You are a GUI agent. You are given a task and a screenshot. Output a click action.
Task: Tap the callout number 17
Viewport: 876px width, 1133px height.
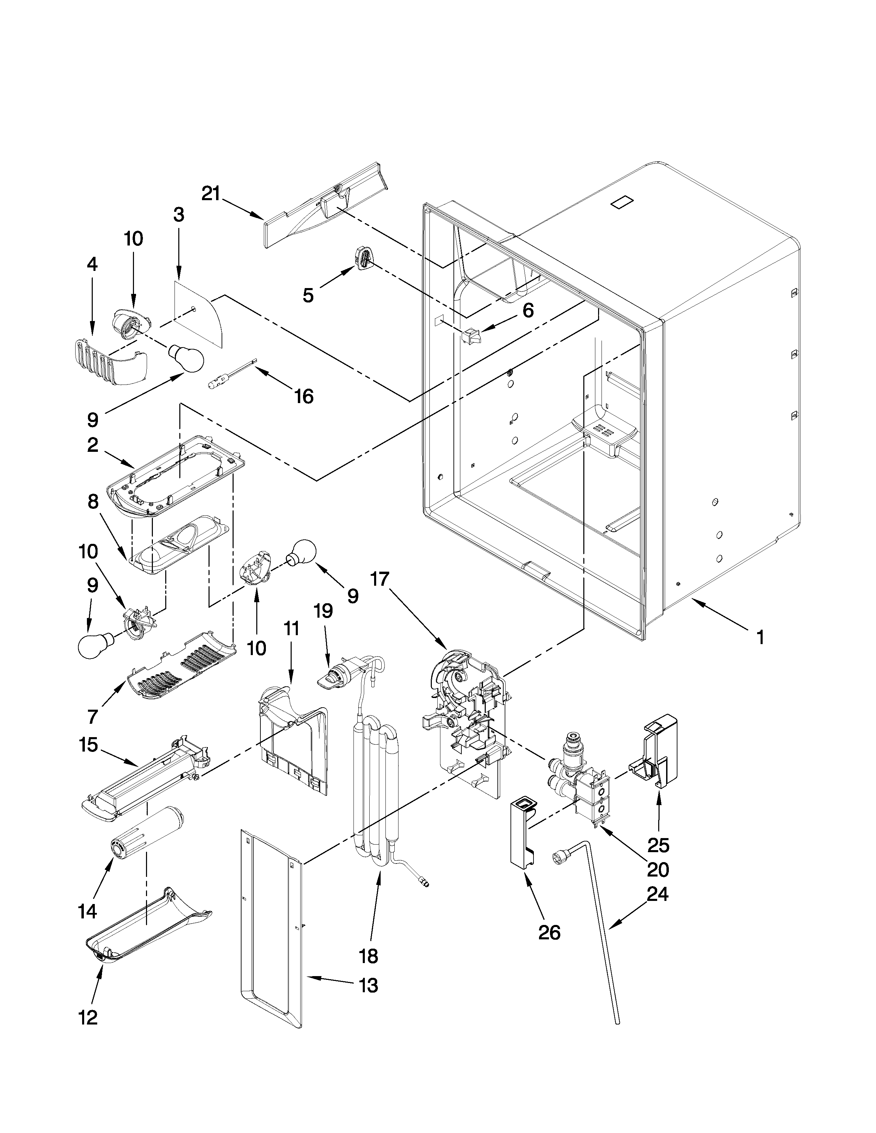click(x=380, y=579)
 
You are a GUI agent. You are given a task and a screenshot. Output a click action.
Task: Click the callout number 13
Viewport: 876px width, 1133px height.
click(x=369, y=985)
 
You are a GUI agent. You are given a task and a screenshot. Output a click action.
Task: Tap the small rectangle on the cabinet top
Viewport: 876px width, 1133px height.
click(x=623, y=202)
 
